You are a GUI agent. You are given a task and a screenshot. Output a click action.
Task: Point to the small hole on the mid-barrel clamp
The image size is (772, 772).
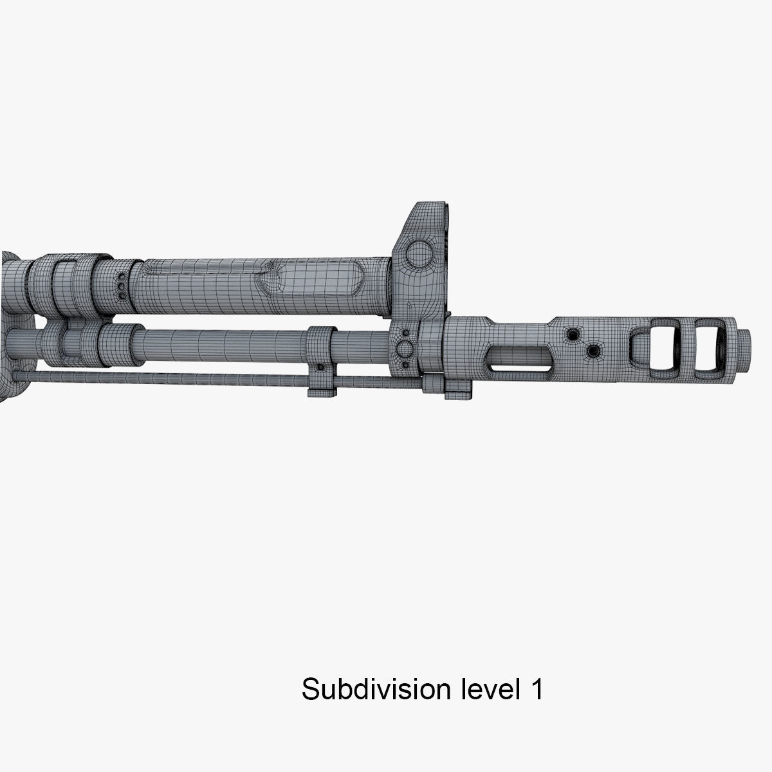318,367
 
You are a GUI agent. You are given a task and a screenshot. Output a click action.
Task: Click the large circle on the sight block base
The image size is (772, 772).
405,349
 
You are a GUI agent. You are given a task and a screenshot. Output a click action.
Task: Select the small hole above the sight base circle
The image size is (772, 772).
405,333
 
